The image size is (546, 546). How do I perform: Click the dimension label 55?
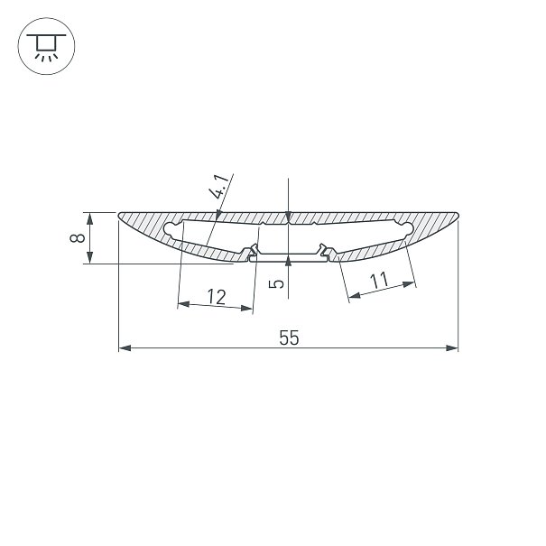tap(289, 338)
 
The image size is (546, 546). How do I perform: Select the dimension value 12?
tap(217, 297)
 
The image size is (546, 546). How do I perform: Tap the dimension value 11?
tap(379, 281)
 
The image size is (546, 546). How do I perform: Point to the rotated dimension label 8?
tap(78, 238)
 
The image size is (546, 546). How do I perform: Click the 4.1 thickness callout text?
tap(219, 187)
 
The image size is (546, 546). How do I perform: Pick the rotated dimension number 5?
tap(277, 284)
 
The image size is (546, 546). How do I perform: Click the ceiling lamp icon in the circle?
tap(46, 47)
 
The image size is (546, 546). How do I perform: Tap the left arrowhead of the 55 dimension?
tap(125, 347)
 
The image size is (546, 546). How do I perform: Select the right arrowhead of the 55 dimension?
tap(452, 347)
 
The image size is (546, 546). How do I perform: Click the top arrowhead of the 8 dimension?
tap(90, 218)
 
